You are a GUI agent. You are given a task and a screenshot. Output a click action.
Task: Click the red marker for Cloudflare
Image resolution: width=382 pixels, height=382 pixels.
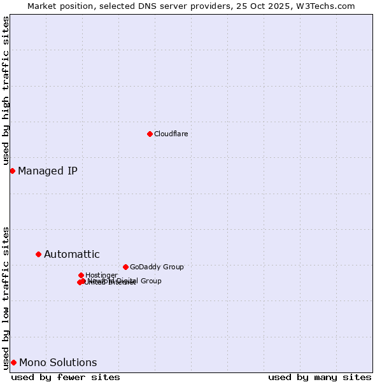click(x=150, y=134)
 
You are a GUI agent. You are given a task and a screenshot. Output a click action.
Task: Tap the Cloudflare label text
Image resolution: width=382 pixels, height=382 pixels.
click(x=171, y=134)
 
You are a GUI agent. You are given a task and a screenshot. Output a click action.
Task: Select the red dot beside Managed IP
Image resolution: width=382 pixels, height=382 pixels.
click(x=12, y=171)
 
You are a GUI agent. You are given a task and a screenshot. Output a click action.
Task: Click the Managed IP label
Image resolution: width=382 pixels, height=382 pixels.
click(x=48, y=171)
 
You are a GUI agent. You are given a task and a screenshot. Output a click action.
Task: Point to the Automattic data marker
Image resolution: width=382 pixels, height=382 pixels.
click(x=38, y=254)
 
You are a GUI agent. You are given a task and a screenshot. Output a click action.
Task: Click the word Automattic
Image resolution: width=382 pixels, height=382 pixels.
click(x=71, y=254)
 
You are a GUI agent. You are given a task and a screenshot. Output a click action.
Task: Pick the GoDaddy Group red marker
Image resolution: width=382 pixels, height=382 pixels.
click(x=125, y=267)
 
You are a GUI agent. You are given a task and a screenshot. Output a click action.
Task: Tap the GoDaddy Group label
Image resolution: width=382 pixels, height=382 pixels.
click(x=157, y=267)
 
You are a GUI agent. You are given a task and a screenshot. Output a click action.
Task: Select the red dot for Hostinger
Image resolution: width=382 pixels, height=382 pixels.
click(x=81, y=275)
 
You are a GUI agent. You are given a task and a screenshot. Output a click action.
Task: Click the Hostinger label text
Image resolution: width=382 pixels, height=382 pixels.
click(x=101, y=275)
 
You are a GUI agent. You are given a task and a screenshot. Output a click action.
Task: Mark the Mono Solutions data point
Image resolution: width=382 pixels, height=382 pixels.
click(x=13, y=362)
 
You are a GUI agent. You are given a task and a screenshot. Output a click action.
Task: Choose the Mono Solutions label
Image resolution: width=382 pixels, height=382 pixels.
click(x=58, y=362)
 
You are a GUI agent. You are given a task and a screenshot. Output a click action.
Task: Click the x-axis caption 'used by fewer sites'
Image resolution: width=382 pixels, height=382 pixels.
click(x=66, y=377)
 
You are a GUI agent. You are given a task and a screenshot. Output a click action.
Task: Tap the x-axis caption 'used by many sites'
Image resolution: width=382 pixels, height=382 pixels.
click(x=320, y=377)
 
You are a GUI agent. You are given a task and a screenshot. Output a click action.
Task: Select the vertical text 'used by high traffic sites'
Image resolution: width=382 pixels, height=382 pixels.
click(x=6, y=90)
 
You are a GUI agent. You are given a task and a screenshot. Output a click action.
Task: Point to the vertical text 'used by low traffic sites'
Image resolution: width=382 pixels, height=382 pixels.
click(x=6, y=297)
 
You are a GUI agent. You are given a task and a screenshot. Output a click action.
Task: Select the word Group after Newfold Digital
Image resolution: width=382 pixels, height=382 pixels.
click(x=150, y=281)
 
